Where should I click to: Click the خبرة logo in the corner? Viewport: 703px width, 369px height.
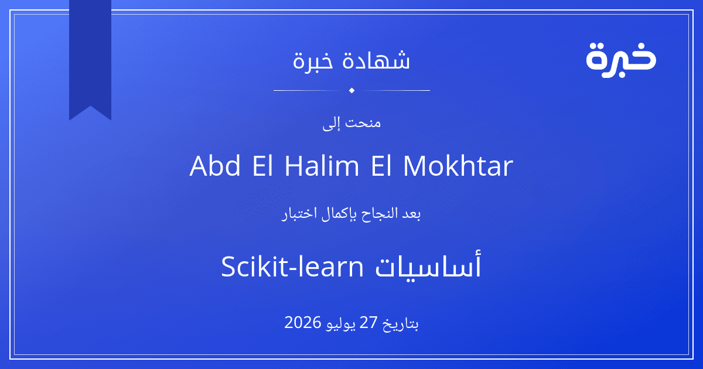(621, 60)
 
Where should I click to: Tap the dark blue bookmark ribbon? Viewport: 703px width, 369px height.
(90, 56)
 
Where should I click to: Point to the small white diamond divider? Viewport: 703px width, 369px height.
(352, 90)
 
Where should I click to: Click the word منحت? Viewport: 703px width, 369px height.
(363, 123)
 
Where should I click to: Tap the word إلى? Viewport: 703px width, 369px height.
(332, 124)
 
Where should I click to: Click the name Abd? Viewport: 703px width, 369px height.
(215, 165)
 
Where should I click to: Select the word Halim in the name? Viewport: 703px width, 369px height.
(322, 165)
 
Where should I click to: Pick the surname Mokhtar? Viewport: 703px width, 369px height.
(458, 165)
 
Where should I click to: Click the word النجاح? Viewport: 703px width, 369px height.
(379, 214)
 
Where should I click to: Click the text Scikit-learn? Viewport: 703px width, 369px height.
(292, 266)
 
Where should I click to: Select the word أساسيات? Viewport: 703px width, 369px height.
(428, 265)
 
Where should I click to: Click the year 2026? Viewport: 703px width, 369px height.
(303, 322)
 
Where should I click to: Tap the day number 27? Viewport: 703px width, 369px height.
(368, 322)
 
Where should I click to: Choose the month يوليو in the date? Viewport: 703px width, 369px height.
(340, 324)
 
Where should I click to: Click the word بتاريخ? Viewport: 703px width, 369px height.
(401, 324)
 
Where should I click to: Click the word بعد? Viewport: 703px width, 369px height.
(412, 214)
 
